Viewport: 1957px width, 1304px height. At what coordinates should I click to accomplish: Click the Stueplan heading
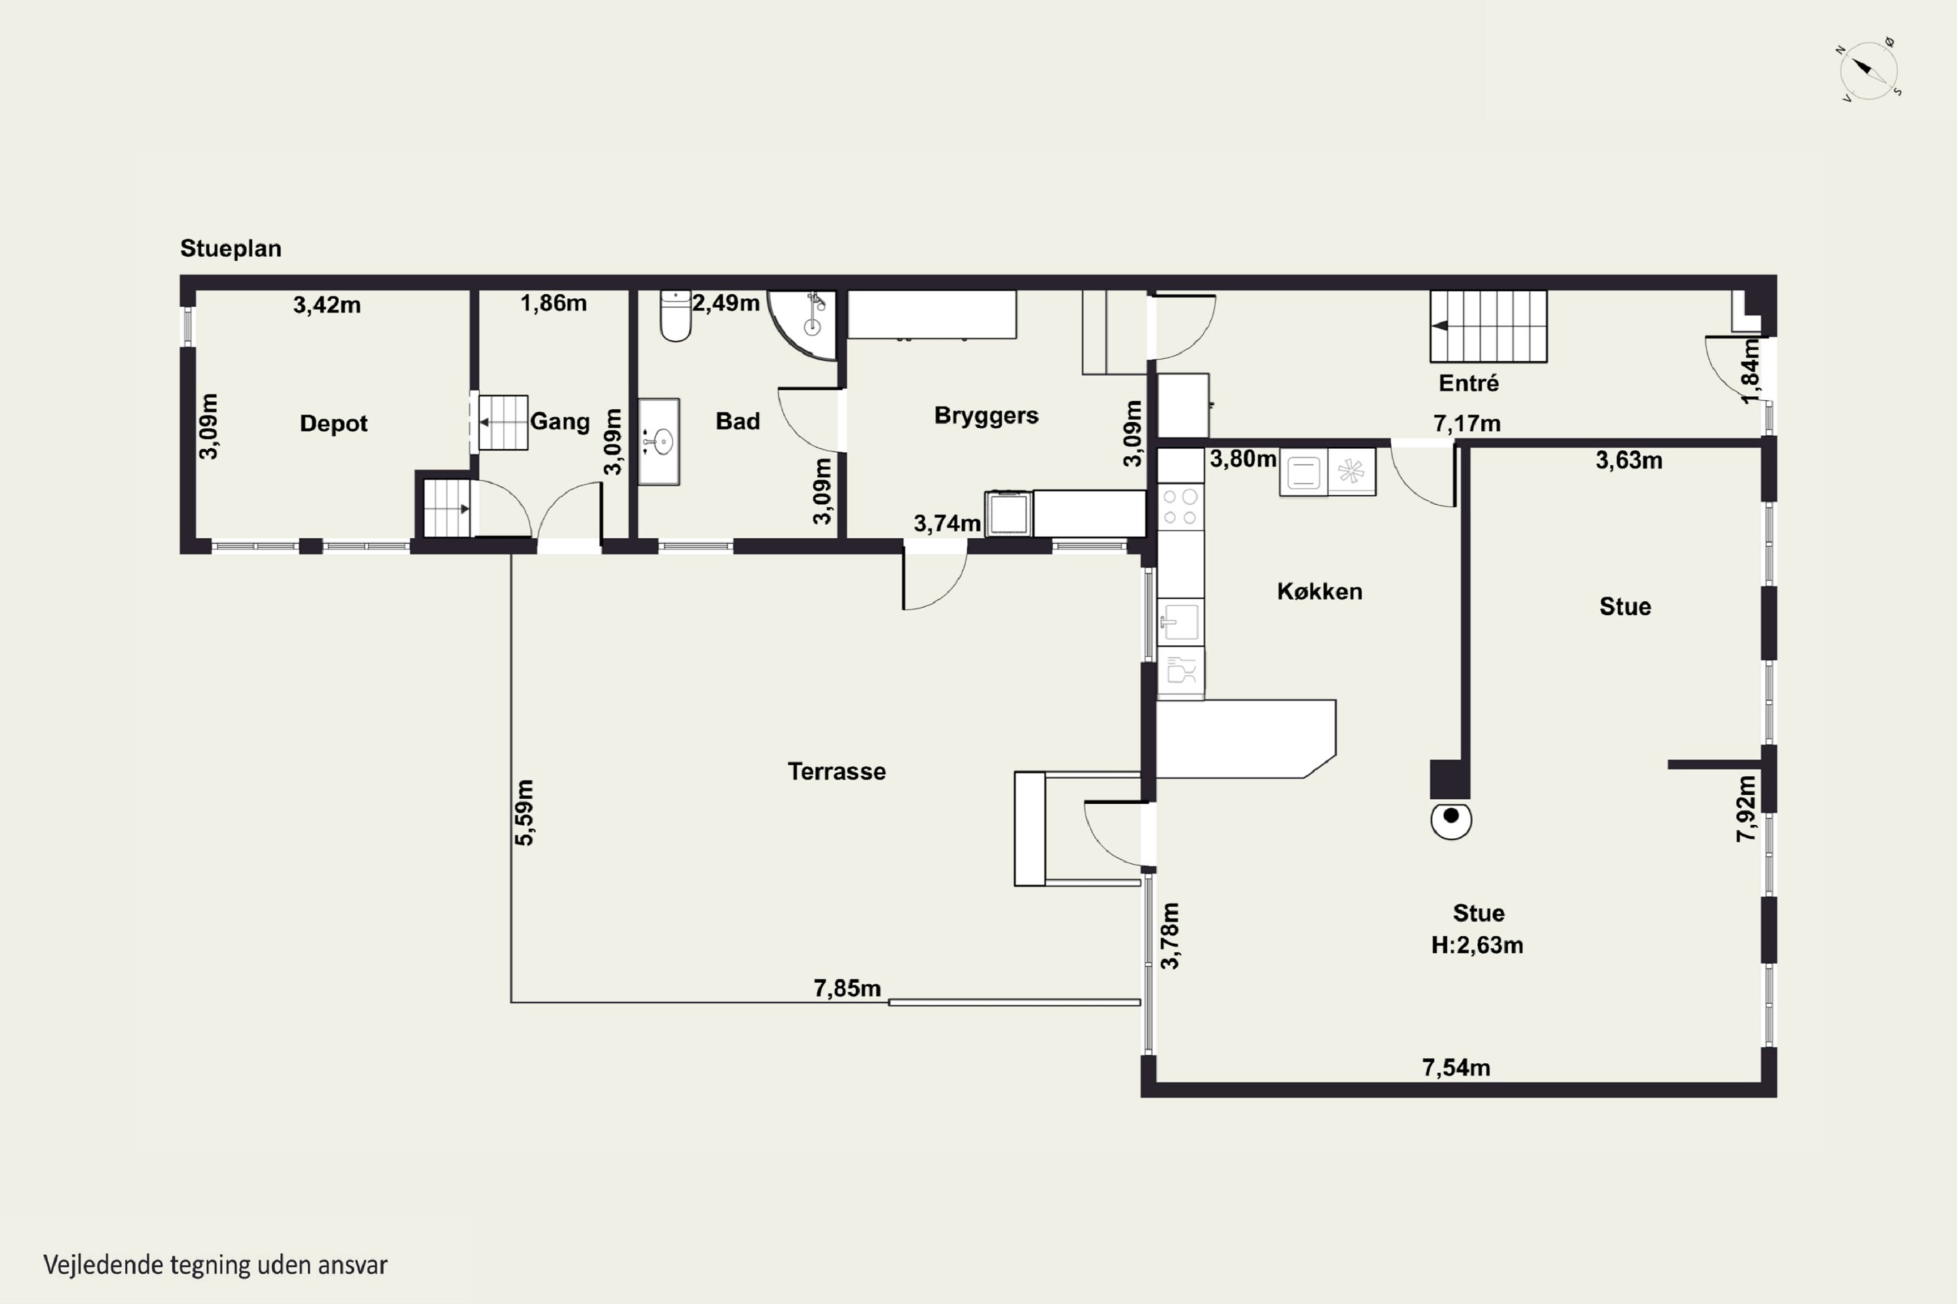pyautogui.click(x=230, y=248)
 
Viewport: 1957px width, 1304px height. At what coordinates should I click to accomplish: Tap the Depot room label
pyautogui.click(x=333, y=423)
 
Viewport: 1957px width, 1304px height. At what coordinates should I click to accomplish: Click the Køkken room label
pyautogui.click(x=1320, y=591)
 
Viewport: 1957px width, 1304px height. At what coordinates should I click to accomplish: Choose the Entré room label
pyautogui.click(x=1468, y=383)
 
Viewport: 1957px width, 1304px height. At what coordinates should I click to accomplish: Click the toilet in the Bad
pyautogui.click(x=676, y=316)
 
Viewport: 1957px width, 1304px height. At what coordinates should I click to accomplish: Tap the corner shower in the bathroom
pyautogui.click(x=802, y=324)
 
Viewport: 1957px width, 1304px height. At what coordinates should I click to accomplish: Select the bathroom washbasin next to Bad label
pyautogui.click(x=659, y=441)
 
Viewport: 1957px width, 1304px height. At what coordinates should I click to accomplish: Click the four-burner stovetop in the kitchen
pyautogui.click(x=1180, y=507)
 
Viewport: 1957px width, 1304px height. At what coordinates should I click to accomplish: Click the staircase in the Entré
pyautogui.click(x=1489, y=326)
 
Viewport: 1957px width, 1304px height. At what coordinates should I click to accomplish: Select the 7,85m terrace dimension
pyautogui.click(x=846, y=988)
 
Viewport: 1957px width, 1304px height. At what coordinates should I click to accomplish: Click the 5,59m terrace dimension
pyautogui.click(x=524, y=812)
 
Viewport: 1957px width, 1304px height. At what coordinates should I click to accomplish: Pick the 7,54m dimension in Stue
pyautogui.click(x=1455, y=1067)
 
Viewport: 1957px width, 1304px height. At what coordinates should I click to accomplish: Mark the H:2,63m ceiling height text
pyautogui.click(x=1477, y=945)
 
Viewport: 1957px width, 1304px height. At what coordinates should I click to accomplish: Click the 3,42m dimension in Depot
pyautogui.click(x=327, y=305)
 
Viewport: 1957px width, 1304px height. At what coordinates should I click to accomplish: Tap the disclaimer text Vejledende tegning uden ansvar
pyautogui.click(x=215, y=1266)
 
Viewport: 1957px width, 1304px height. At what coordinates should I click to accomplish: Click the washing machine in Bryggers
pyautogui.click(x=1009, y=514)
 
